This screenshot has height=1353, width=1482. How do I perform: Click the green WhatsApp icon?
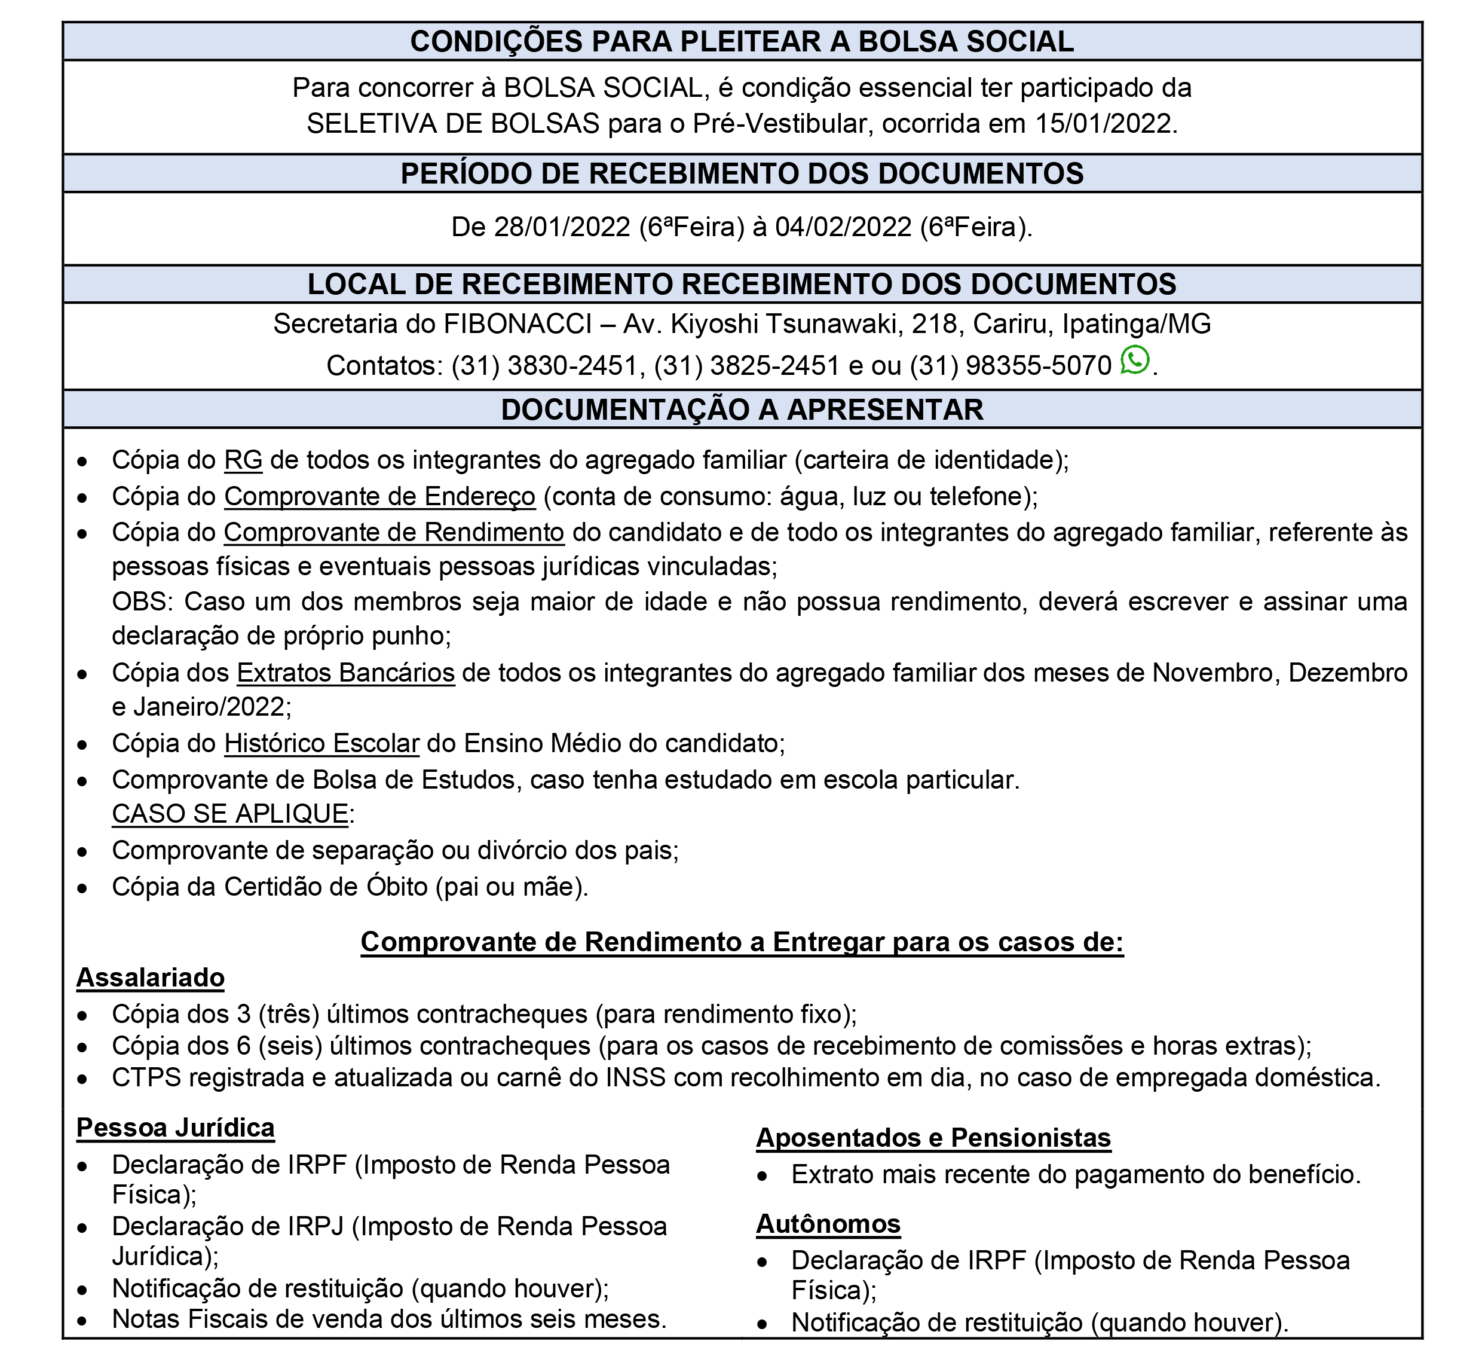tap(1134, 361)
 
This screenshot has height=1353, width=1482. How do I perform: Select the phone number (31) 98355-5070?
tap(1011, 365)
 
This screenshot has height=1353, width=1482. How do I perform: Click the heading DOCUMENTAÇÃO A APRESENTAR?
tap(742, 410)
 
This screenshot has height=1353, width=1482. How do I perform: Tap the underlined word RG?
tap(243, 460)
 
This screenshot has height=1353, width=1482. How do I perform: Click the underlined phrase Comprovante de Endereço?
tap(380, 497)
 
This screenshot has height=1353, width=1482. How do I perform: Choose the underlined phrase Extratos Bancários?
tap(345, 673)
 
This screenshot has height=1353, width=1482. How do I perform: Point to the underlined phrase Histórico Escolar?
tap(322, 743)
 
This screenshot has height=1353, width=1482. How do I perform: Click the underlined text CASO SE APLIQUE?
tap(230, 814)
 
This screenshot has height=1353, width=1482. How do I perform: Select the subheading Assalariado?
tap(151, 978)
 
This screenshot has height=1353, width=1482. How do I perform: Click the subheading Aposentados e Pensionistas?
tap(933, 1138)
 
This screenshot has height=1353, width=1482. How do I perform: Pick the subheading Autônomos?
tap(828, 1224)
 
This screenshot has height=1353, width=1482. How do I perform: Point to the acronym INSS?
tap(636, 1077)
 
